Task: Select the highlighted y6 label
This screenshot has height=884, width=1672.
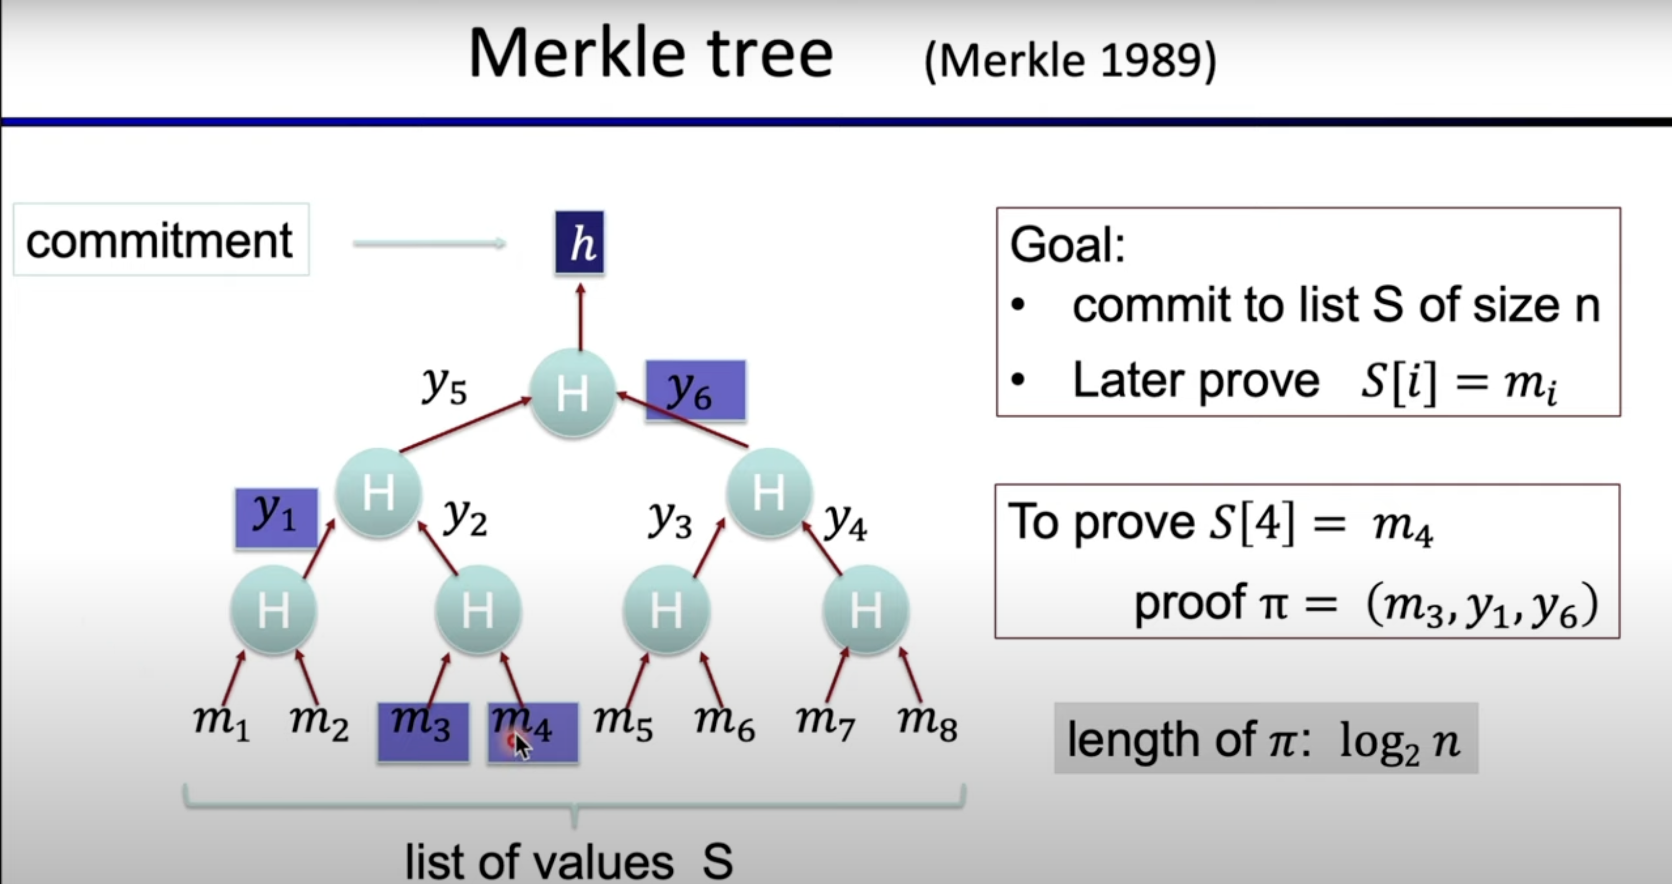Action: [695, 391]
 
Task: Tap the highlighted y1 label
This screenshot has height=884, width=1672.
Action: [277, 517]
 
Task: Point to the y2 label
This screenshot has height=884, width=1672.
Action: [465, 518]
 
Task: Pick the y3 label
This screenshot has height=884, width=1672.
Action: [670, 521]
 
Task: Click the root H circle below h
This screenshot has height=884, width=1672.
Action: [573, 393]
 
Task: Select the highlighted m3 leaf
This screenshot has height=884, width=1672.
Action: [423, 731]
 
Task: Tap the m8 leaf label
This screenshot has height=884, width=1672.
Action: [927, 724]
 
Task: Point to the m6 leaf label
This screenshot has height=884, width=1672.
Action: [724, 724]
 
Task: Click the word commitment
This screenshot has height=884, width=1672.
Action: [160, 241]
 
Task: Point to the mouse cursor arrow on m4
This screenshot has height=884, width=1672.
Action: [522, 746]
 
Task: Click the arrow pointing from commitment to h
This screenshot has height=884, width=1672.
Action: [429, 243]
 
